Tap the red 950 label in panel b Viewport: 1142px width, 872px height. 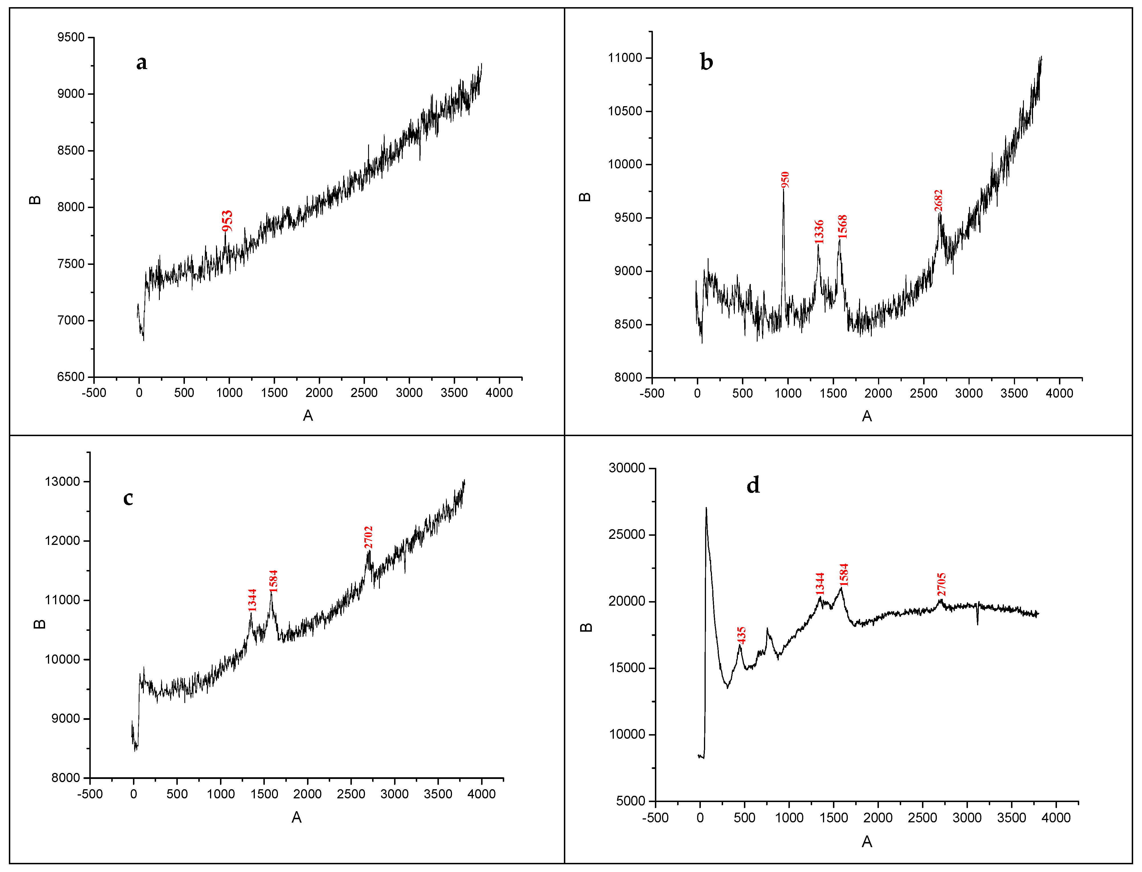click(x=785, y=180)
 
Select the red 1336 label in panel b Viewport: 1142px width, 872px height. click(x=819, y=231)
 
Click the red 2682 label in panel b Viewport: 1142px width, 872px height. click(x=938, y=200)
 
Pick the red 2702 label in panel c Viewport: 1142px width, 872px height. click(x=368, y=537)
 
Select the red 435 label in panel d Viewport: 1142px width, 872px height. click(x=741, y=635)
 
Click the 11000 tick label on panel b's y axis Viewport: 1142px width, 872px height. click(x=625, y=58)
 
